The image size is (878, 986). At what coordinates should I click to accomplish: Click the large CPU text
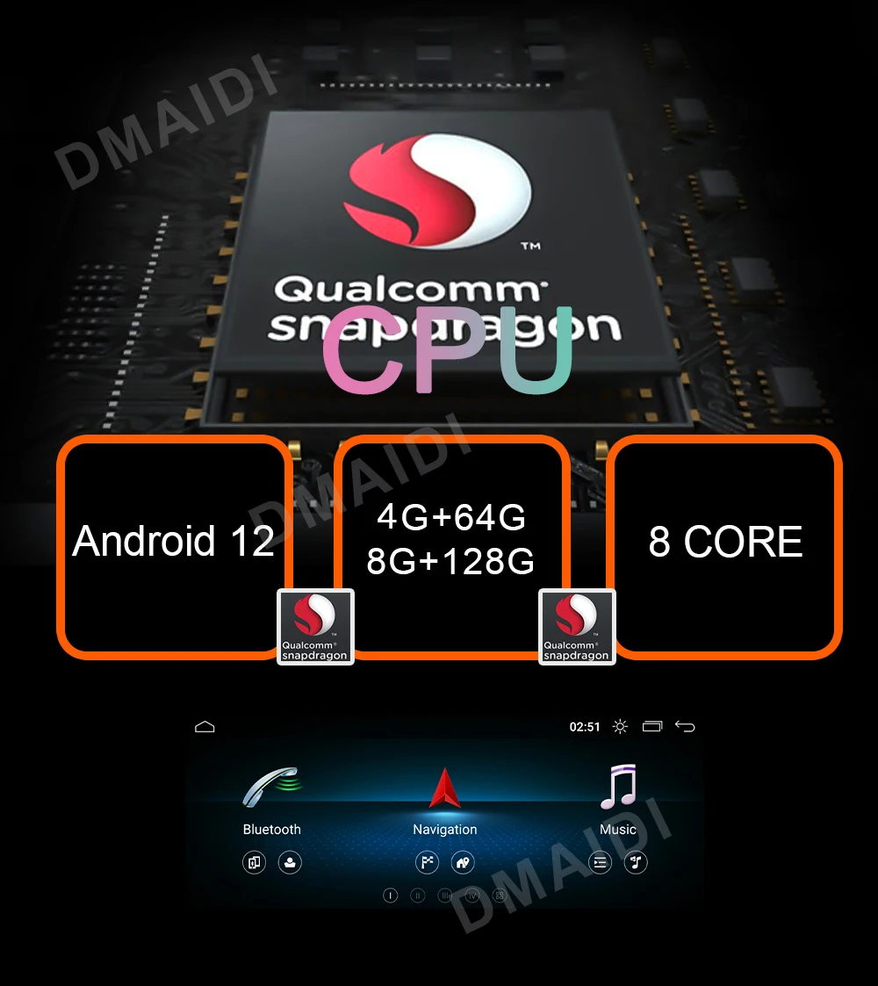pos(448,349)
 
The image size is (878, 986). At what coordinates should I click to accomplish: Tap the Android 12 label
pos(173,541)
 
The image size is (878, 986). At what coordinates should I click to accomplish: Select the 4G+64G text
pos(450,518)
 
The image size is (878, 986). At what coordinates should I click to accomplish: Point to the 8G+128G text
pos(450,560)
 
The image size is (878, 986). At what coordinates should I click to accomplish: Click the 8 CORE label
pos(725,543)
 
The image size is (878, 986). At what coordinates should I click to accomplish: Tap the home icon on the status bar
pos(205,727)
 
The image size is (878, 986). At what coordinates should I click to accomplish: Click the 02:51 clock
pos(585,727)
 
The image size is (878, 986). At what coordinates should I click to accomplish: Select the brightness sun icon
pos(621,727)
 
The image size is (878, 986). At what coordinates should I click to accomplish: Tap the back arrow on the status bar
pos(685,727)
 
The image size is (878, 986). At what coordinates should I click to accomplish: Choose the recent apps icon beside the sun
pos(652,727)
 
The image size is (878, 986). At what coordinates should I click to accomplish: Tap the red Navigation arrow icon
pos(445,788)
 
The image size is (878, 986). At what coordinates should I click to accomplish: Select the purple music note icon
pos(618,787)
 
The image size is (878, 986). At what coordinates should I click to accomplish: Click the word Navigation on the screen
pos(445,830)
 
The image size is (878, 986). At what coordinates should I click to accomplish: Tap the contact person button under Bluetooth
pos(290,862)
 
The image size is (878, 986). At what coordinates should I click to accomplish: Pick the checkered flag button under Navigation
pos(427,862)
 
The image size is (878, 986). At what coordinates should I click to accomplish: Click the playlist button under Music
pos(600,862)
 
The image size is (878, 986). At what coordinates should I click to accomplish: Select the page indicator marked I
pos(391,896)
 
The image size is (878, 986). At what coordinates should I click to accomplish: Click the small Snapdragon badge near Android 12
pos(315,626)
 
